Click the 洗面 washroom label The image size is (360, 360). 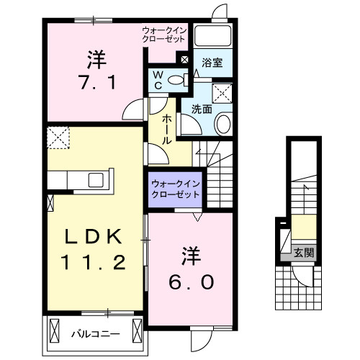(x=201, y=109)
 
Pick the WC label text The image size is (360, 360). (x=158, y=80)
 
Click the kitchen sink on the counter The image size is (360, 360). (x=96, y=180)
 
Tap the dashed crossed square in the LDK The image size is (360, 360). (x=57, y=135)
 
